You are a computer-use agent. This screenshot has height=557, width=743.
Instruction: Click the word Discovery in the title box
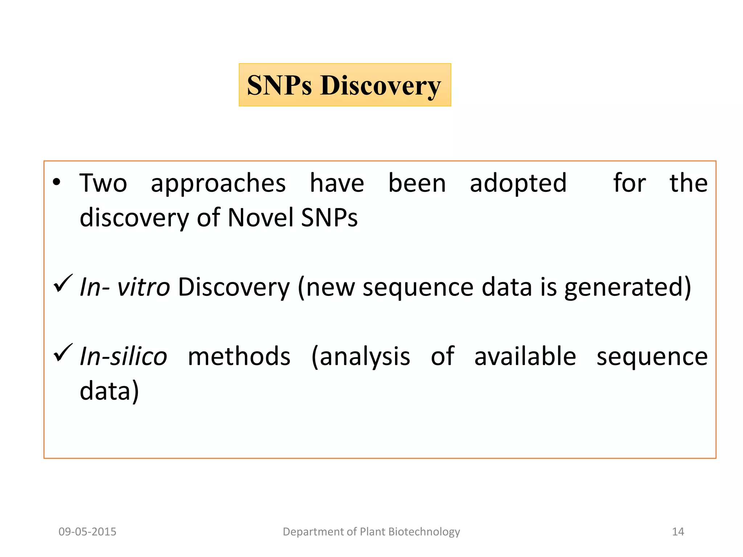tap(380, 86)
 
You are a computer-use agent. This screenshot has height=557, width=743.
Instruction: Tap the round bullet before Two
tap(56, 182)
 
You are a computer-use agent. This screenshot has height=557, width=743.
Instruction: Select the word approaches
tap(218, 183)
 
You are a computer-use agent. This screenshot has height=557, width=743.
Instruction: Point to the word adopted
tap(518, 183)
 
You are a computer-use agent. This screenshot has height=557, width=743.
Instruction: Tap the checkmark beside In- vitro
tap(63, 283)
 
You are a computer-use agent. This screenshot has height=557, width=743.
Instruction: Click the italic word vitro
tap(143, 287)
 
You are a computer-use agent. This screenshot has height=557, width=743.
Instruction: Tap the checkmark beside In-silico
tap(63, 352)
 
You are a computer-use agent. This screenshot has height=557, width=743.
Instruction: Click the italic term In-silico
tap(123, 356)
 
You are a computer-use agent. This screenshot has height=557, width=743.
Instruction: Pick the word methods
tap(239, 356)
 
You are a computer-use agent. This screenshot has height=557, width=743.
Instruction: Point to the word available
tap(525, 356)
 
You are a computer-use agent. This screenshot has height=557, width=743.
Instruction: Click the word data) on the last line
tap(109, 391)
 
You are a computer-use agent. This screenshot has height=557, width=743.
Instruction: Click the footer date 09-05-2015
tap(87, 532)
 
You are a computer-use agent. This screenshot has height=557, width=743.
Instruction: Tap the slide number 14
tap(678, 532)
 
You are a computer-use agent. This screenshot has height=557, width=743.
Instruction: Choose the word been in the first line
tap(417, 183)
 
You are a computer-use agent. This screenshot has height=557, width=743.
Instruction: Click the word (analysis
tap(361, 356)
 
